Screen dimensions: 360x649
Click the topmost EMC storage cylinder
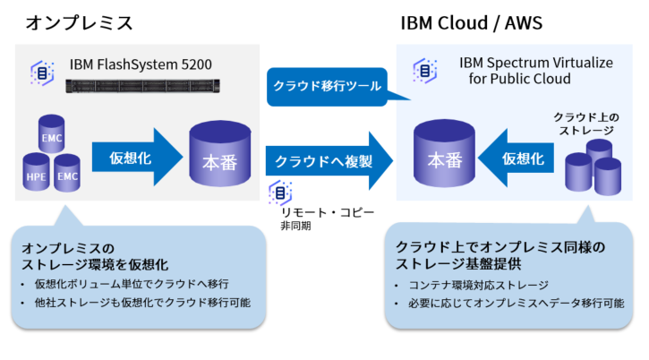51,134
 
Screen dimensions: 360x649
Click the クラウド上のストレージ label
584,124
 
